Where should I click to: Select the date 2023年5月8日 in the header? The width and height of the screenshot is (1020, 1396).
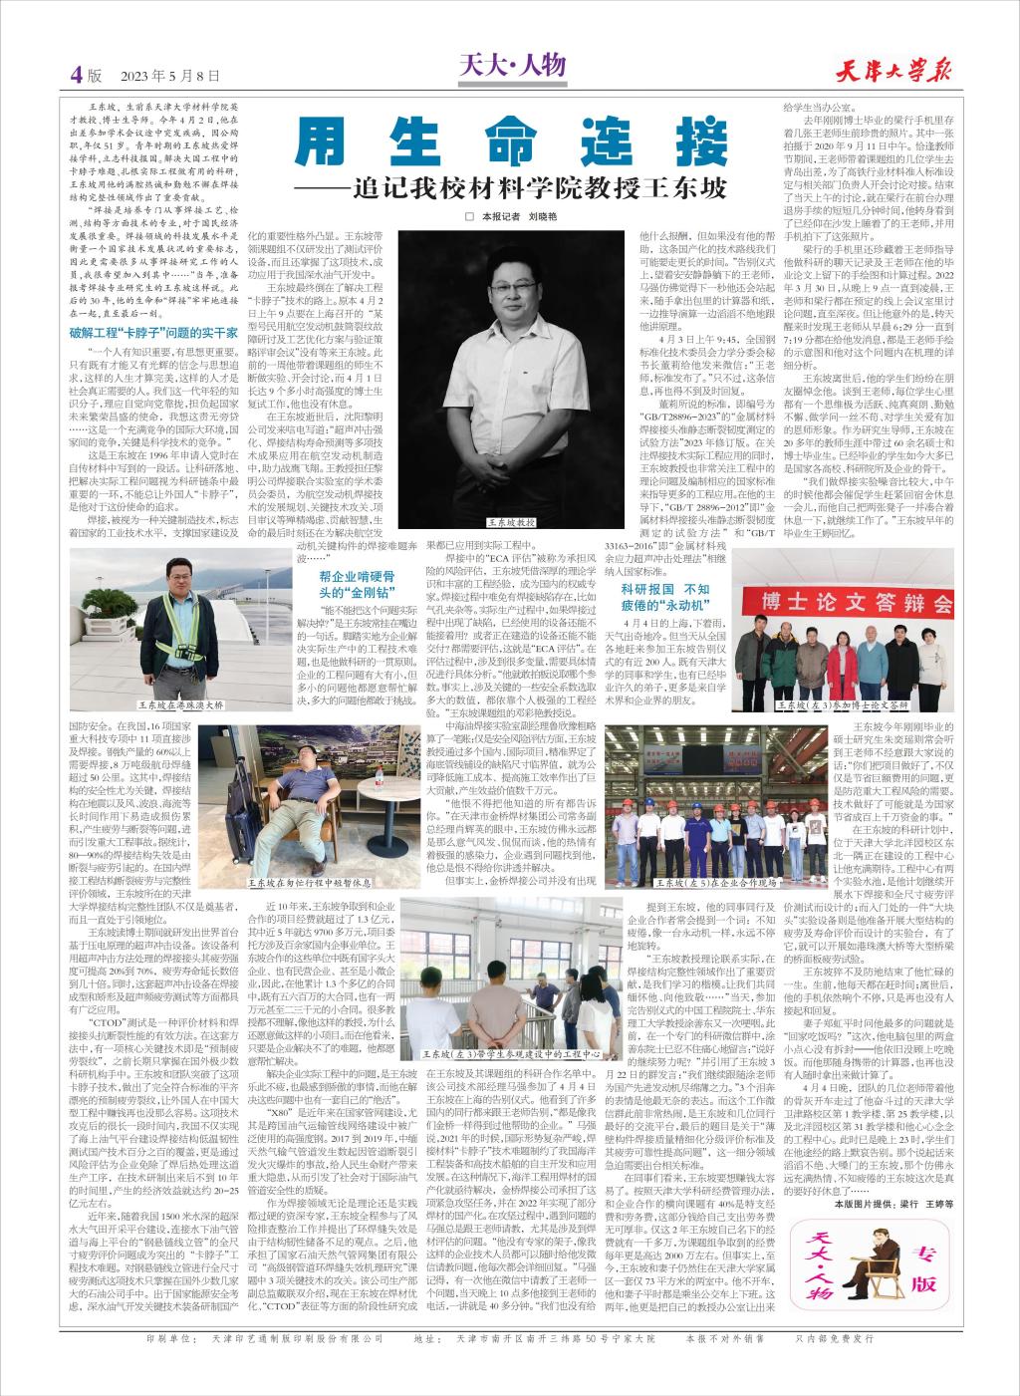(168, 75)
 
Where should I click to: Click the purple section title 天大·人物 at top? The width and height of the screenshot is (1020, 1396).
(513, 67)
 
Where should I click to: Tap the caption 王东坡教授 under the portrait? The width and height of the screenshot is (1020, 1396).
(512, 522)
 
